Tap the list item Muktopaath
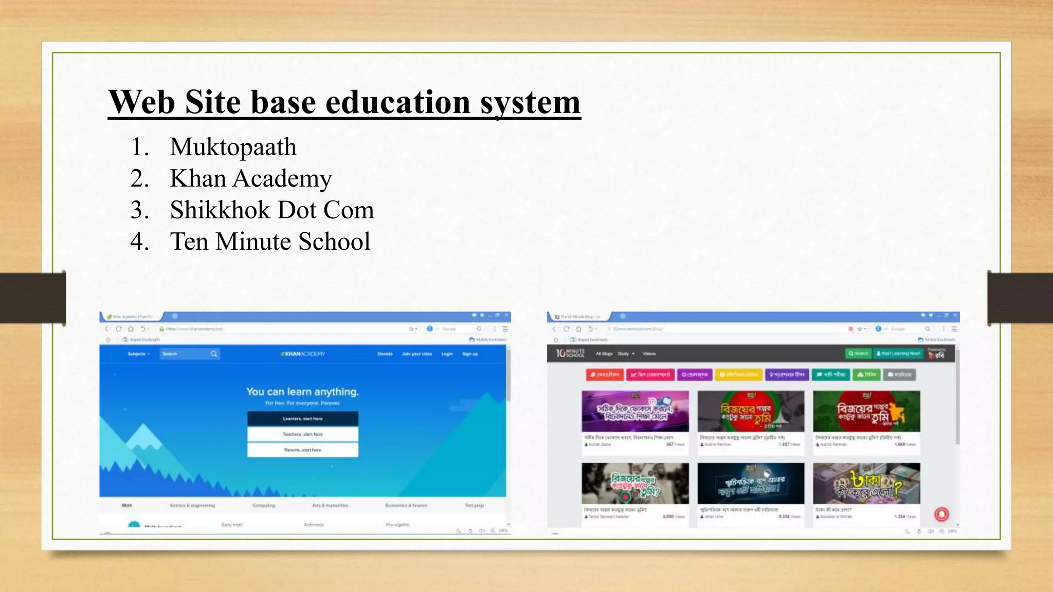(233, 147)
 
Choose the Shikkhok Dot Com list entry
(271, 210)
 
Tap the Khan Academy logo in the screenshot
(303, 354)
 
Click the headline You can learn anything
(302, 392)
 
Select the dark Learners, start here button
(302, 419)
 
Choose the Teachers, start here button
(302, 434)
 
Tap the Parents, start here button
(302, 450)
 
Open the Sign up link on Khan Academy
(470, 354)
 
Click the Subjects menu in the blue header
(138, 354)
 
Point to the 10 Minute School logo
(570, 354)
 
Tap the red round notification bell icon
(941, 514)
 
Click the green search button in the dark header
(858, 354)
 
